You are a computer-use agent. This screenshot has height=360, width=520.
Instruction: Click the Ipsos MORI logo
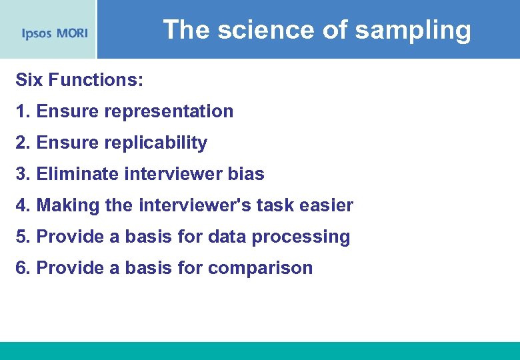[x=54, y=33]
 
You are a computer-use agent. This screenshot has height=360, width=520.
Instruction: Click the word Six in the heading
[x=27, y=80]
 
